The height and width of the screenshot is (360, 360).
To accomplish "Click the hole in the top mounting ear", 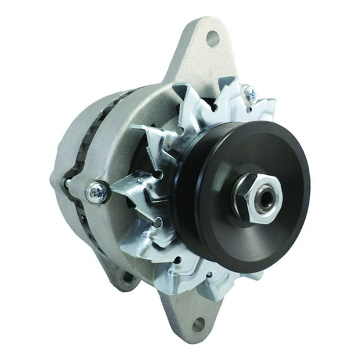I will pos(213,39).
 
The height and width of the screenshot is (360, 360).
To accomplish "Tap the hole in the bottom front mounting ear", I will pos(198,324).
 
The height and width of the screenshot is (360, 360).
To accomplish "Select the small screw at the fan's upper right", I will pos(250,94).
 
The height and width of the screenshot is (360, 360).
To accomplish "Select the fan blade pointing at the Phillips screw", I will pos(131,187).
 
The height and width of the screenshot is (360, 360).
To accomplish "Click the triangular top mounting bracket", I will pos(200,56).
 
